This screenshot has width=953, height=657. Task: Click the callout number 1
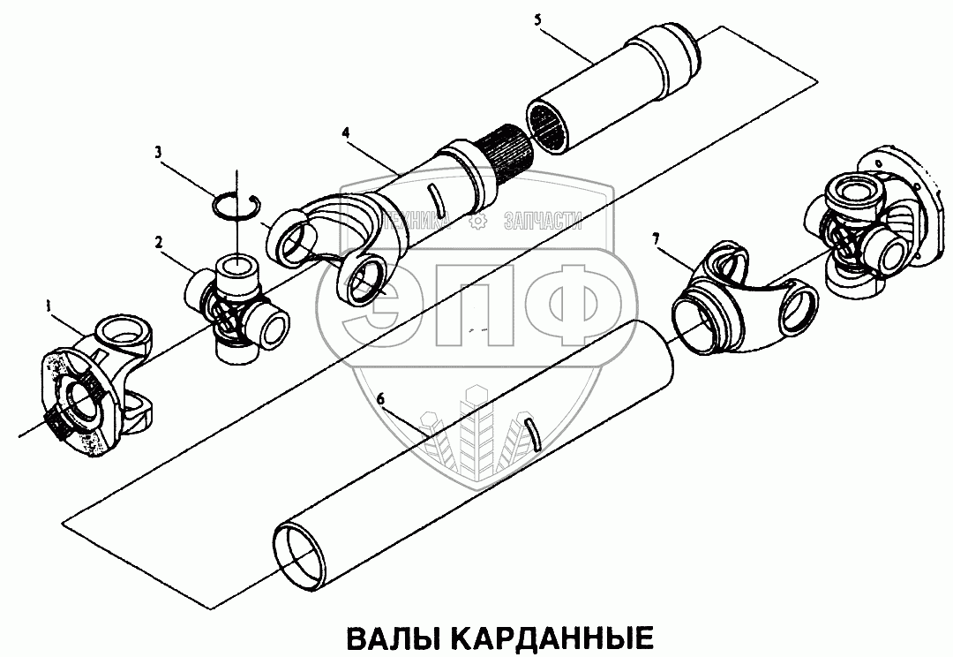coord(47,307)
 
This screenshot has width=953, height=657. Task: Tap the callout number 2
coord(159,242)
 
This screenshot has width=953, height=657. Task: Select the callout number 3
coord(158,151)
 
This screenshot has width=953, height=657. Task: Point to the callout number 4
coord(345,132)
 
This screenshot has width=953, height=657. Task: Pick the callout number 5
coord(537,19)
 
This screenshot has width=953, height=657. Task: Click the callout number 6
coord(380,400)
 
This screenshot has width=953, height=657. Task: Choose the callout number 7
coord(656,239)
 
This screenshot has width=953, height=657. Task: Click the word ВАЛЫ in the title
coord(392,638)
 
